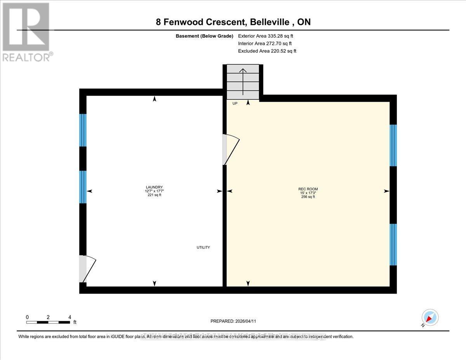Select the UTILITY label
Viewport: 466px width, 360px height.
tap(203, 247)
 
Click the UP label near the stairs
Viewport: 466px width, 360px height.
tap(235, 104)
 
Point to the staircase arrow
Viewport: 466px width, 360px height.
tap(243, 82)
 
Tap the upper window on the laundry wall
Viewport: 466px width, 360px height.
tap(83, 130)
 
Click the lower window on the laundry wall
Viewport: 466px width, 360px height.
tap(83, 187)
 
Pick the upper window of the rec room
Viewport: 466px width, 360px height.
tap(393, 145)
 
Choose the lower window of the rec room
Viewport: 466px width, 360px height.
tap(393, 244)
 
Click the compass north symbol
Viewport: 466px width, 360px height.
tap(430, 318)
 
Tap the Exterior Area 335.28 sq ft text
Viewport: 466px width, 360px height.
tap(265, 36)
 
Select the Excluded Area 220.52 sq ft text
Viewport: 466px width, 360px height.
tap(267, 51)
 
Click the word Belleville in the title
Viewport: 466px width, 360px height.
tap(271, 22)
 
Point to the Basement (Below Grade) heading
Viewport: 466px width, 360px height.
tap(204, 36)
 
